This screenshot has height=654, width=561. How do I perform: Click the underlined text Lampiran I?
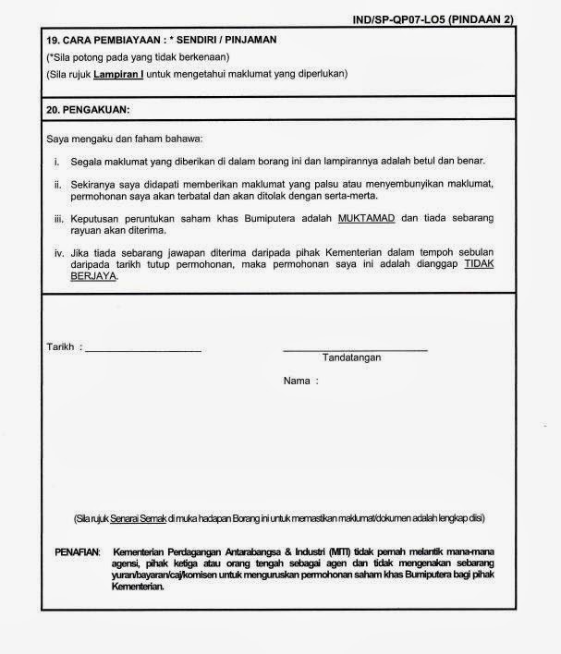(x=133, y=74)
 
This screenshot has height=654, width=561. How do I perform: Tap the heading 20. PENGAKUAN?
(x=88, y=109)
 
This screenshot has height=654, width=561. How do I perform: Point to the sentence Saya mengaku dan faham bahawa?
(x=118, y=139)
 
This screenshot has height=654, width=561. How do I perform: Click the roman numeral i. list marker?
(x=56, y=161)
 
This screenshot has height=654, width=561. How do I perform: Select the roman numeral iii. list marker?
(x=56, y=218)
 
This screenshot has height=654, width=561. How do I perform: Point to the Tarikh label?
(x=60, y=346)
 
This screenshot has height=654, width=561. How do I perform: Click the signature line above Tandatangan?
(x=355, y=350)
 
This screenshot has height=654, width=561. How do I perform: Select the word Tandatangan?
(x=351, y=357)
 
